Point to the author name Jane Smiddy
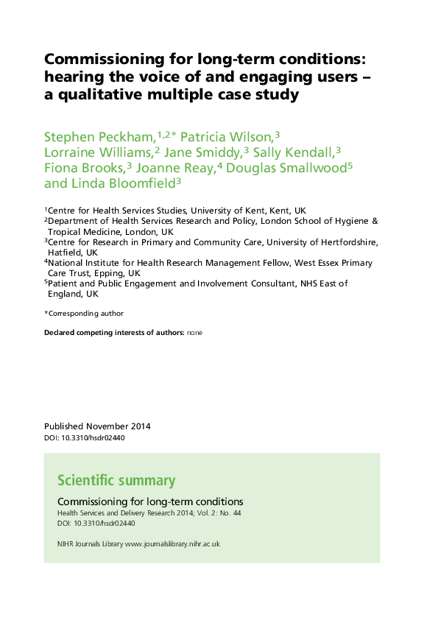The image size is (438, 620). coord(203,152)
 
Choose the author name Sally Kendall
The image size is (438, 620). coord(293,152)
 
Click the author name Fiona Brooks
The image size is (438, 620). coord(84,168)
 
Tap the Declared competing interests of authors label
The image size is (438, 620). coord(114,333)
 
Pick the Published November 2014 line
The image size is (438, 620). coord(97,426)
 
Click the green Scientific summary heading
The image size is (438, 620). coord(116,482)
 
